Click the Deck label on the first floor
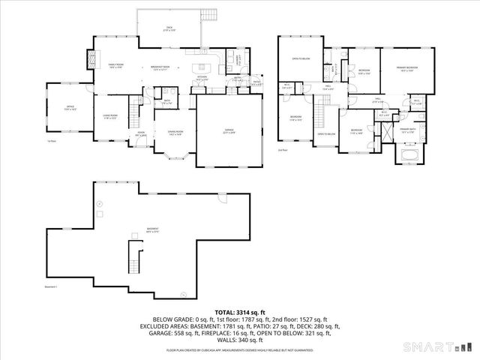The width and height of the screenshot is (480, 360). (x=169, y=29)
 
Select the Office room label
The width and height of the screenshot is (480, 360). (x=70, y=108)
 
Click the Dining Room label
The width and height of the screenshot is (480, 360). (x=175, y=133)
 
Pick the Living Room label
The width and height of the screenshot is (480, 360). (x=110, y=117)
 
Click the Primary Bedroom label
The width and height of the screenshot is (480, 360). (x=408, y=69)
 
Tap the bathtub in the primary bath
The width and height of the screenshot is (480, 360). (x=409, y=156)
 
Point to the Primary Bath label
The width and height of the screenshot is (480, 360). (x=408, y=130)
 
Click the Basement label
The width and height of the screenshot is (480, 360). (x=152, y=229)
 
